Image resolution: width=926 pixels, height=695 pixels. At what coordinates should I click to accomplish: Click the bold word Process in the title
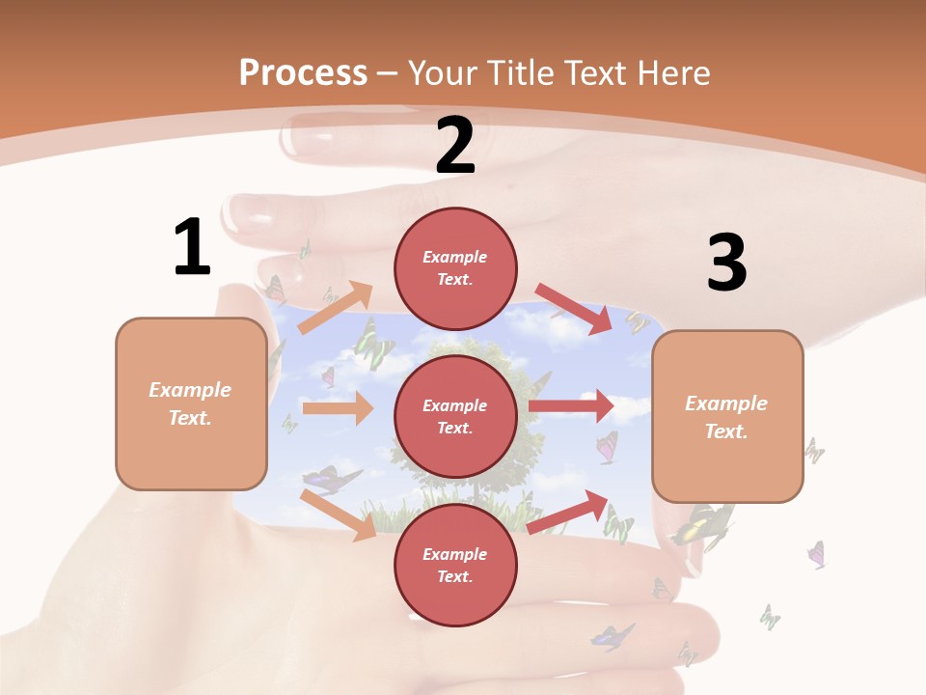tap(303, 72)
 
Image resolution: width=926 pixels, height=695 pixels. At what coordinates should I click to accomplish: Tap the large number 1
tap(192, 247)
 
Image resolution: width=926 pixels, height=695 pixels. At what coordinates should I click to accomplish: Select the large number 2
tap(455, 146)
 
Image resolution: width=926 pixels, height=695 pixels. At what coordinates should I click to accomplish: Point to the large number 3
tap(727, 263)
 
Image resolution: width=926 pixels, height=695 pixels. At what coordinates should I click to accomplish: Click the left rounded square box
tap(191, 403)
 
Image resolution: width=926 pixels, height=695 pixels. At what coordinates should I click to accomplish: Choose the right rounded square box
tap(727, 416)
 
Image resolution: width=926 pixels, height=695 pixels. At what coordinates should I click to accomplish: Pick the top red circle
tap(455, 268)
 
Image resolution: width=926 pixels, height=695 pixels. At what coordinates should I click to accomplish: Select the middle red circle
tap(455, 416)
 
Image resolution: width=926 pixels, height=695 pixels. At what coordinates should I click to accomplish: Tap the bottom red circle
tap(455, 565)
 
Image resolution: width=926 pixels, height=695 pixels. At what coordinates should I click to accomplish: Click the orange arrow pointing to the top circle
tap(335, 307)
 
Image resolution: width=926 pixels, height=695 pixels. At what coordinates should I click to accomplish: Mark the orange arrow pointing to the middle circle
tap(338, 408)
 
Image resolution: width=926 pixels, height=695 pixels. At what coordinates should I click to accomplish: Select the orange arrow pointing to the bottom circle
tap(338, 514)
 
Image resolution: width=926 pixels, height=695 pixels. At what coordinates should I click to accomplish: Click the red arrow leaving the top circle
tap(575, 308)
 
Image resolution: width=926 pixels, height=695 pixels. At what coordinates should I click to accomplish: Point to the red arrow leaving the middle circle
tap(571, 406)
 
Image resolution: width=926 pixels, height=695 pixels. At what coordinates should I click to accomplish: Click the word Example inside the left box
tap(190, 390)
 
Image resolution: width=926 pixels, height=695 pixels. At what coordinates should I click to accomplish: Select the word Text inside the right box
tap(725, 431)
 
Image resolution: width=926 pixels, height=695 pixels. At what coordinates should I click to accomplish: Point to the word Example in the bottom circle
tap(455, 554)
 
